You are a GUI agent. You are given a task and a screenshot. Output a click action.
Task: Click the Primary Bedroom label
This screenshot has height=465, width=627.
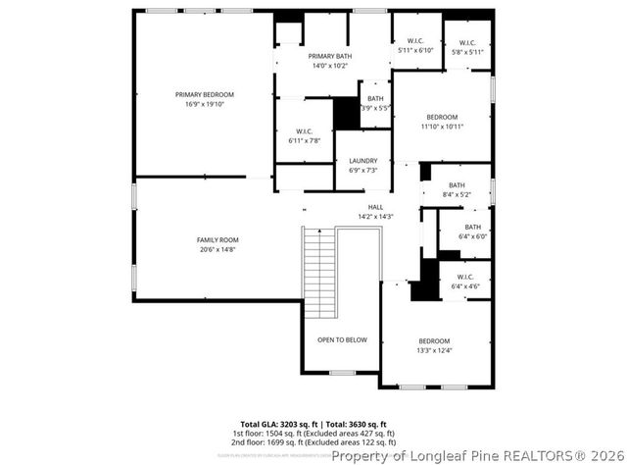tap(205, 99)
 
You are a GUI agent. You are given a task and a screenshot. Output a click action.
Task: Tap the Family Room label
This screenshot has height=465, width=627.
tap(217, 244)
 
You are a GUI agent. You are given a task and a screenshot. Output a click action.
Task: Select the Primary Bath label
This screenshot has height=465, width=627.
tap(330, 61)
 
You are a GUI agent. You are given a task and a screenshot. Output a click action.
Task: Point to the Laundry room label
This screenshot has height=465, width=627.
tap(362, 165)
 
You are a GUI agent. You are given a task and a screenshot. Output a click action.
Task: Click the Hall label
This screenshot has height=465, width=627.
tap(375, 211)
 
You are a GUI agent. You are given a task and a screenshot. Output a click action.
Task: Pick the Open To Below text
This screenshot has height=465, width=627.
tap(342, 339)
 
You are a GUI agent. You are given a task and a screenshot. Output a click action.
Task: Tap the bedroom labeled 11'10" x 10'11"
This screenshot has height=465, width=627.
tap(442, 122)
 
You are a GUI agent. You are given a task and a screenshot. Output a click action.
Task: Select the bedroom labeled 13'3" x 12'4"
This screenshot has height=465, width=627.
tap(434, 345)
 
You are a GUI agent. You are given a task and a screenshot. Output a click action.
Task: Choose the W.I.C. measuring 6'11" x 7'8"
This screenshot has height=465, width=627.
tap(305, 135)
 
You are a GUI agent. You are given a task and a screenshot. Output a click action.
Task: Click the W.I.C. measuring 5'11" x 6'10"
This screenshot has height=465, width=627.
tap(415, 45)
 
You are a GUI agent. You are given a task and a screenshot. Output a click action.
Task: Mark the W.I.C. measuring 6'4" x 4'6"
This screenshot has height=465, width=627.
tap(464, 283)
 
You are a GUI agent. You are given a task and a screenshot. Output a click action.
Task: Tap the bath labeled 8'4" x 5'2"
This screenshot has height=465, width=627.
tap(457, 189)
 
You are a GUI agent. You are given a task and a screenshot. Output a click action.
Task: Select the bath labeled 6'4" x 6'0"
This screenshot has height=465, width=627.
tap(472, 232)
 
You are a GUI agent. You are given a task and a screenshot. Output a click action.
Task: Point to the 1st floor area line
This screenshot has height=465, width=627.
tap(313, 433)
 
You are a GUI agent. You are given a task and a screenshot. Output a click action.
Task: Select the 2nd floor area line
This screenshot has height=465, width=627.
tap(313, 442)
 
